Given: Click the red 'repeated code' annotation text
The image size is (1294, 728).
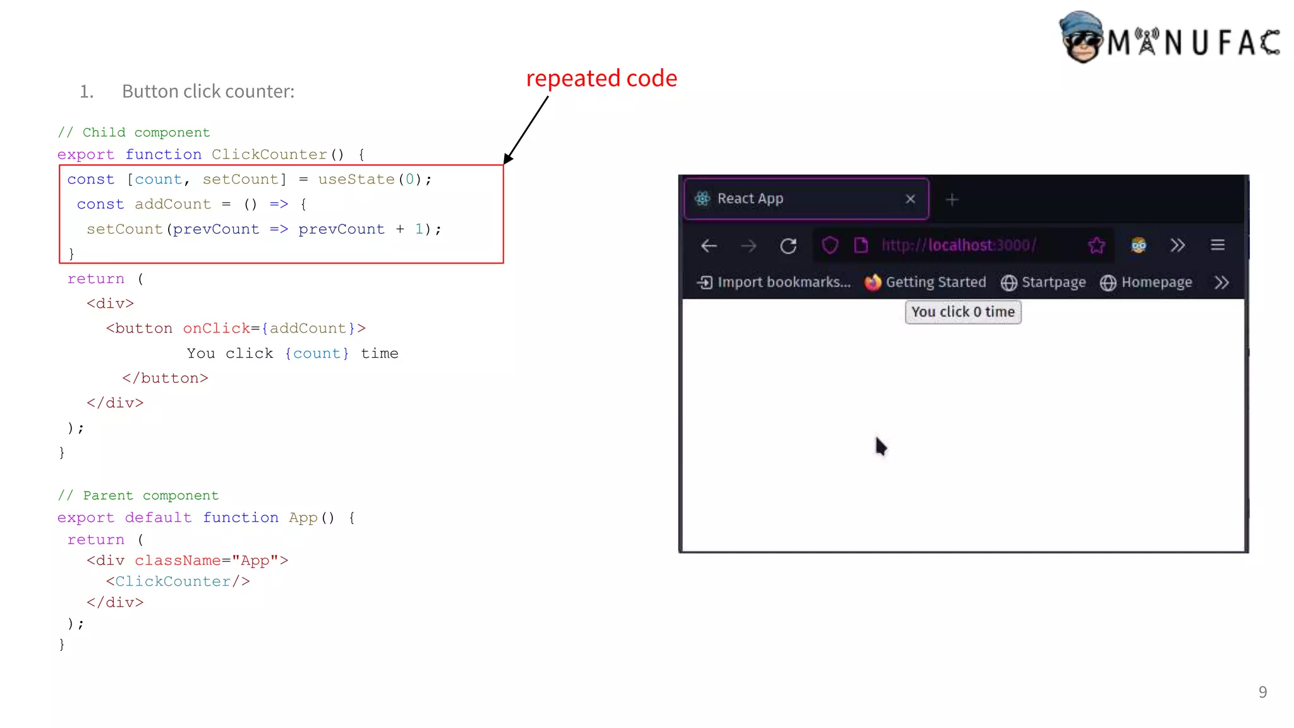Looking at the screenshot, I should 601,78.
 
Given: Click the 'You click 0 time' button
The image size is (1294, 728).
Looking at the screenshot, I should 962,312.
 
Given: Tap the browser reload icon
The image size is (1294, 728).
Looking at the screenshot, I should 788,246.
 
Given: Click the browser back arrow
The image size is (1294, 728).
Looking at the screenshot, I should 709,246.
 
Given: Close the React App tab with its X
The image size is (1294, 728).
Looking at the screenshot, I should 910,199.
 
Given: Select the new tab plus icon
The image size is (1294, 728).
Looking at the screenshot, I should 952,200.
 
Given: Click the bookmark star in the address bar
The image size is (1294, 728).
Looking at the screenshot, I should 1096,245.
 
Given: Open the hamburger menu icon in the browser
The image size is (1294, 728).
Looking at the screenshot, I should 1218,245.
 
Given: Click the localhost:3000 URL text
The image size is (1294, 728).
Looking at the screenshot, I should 958,245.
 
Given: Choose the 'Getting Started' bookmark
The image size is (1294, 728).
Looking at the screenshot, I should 926,282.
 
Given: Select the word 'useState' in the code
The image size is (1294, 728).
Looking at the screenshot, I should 356,179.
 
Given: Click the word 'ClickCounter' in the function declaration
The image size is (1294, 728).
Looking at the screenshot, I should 269,155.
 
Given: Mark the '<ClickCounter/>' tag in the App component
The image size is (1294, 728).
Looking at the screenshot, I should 178,581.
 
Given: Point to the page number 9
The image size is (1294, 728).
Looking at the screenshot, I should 1262,692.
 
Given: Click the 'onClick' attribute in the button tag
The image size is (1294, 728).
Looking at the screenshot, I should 216,329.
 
